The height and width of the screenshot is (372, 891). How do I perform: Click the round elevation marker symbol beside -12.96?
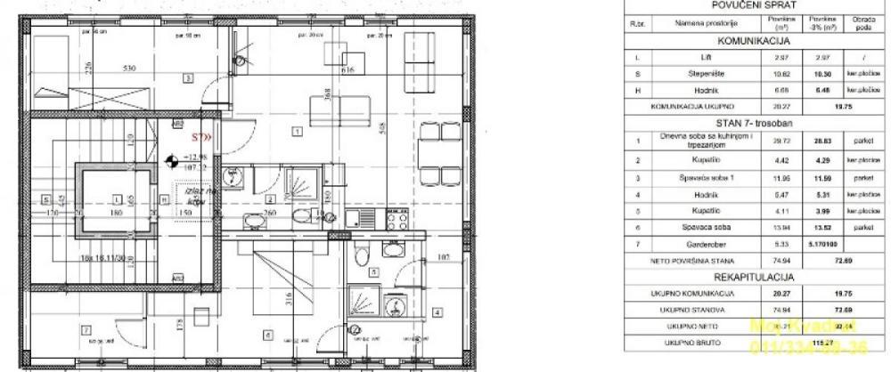(170, 161)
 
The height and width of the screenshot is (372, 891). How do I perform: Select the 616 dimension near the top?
(348, 69)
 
